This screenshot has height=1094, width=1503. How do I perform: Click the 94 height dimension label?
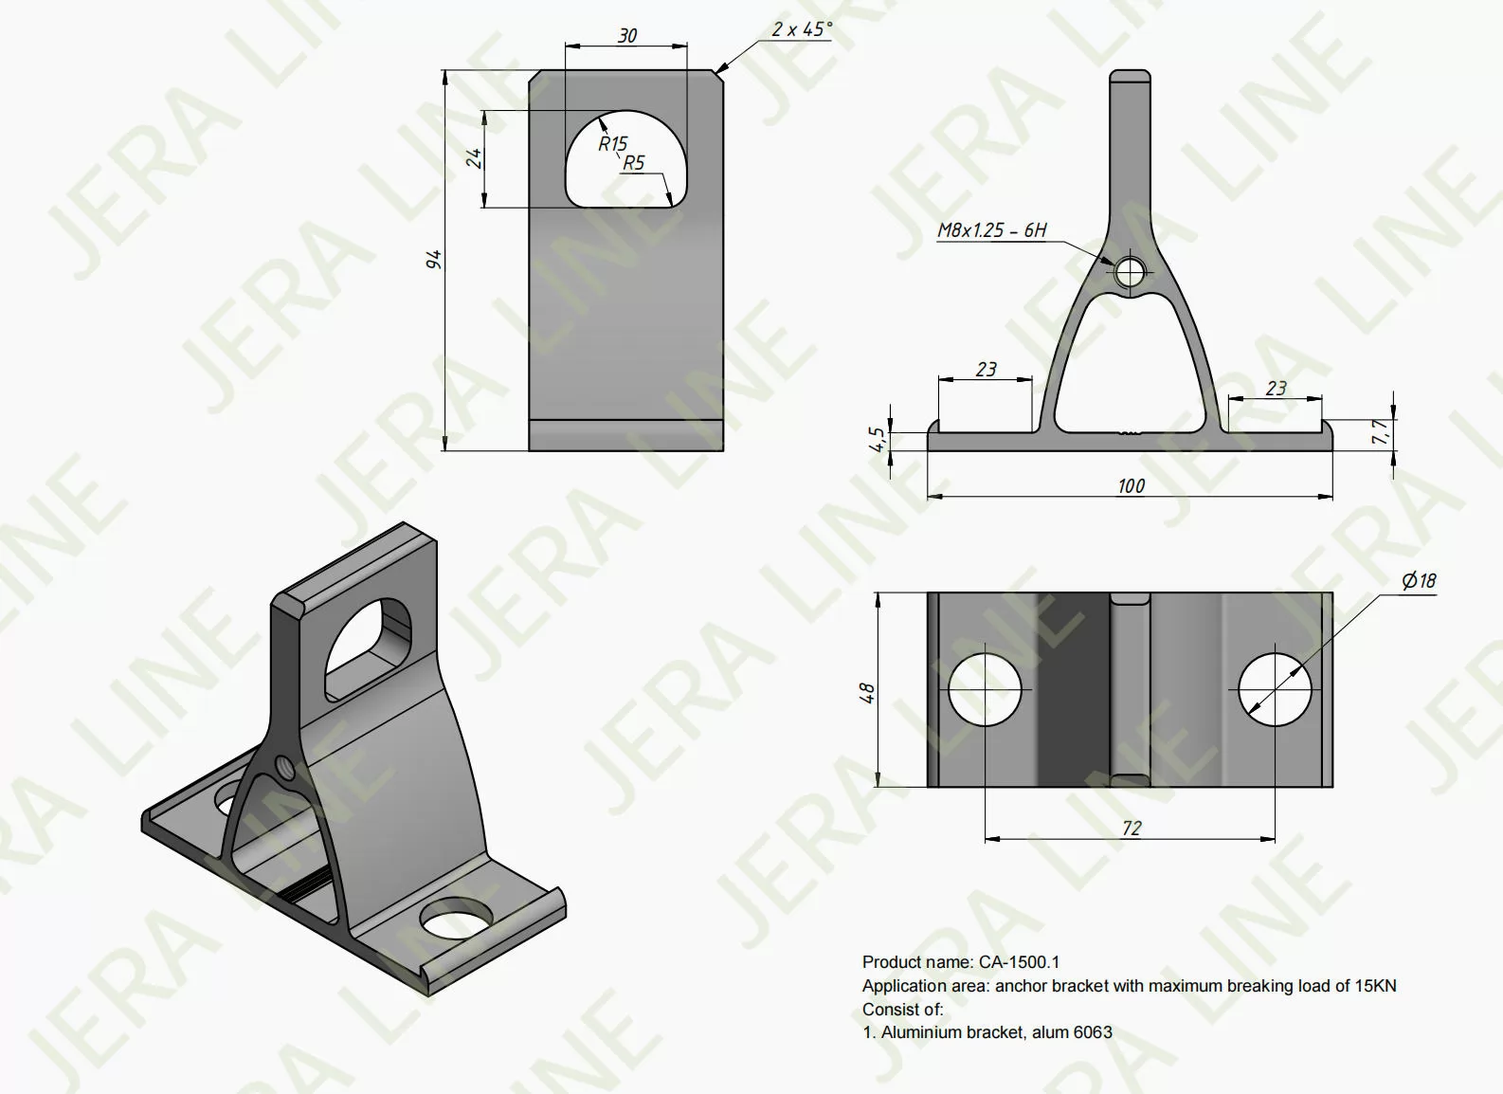(x=434, y=258)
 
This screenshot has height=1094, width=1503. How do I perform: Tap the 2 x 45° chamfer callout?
(x=801, y=29)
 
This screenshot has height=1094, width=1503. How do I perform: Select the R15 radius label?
(x=612, y=143)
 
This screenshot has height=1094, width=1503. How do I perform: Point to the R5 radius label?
(x=633, y=163)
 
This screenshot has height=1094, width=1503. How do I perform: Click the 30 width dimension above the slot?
(x=626, y=35)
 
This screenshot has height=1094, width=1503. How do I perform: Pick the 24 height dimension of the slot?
(x=475, y=157)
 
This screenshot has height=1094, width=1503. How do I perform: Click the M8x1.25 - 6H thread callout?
(x=991, y=229)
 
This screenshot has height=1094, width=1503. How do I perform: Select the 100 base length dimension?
(x=1131, y=485)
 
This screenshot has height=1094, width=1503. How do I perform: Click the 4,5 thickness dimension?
(x=878, y=438)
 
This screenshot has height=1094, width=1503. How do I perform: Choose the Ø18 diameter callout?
(x=1419, y=580)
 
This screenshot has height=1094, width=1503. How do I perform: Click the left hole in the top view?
(x=986, y=689)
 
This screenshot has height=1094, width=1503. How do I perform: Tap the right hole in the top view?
(x=1275, y=689)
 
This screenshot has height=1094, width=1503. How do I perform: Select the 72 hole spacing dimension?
(x=1131, y=828)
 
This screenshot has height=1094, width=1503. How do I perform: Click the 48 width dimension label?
(x=866, y=693)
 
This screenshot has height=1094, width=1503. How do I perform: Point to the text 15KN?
(x=1375, y=986)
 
